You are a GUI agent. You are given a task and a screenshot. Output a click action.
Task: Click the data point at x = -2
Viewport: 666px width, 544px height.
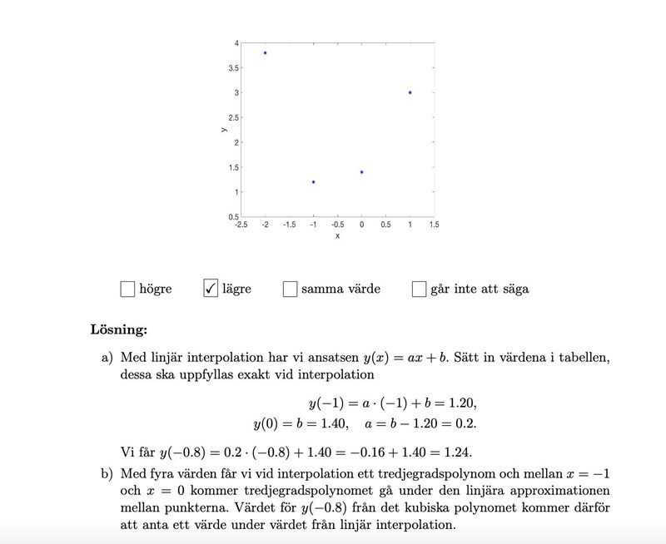(265, 52)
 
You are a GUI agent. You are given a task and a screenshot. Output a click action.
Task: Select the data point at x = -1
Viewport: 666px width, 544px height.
(313, 181)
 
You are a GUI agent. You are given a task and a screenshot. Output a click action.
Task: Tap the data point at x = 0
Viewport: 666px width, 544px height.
(361, 171)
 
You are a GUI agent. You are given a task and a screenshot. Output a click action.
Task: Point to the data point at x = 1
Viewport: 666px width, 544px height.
(410, 92)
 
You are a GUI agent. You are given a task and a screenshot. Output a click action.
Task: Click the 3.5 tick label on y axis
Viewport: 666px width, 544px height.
(234, 67)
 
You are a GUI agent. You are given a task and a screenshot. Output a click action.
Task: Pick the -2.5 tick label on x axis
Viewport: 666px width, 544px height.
(241, 225)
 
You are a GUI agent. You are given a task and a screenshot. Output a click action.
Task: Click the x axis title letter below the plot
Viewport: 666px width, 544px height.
(337, 236)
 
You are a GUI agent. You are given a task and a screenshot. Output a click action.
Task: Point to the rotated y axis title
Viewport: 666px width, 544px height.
(224, 130)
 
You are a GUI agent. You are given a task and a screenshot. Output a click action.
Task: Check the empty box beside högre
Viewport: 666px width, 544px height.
(127, 289)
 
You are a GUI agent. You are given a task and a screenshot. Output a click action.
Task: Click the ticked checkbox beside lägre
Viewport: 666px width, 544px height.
(211, 289)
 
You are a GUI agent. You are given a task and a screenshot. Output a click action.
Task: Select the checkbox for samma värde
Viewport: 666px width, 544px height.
(290, 289)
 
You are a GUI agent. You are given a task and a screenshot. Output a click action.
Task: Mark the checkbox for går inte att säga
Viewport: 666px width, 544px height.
(419, 289)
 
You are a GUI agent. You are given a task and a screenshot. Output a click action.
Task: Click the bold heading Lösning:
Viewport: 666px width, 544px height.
(118, 329)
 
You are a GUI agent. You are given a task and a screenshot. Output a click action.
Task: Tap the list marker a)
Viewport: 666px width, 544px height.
(107, 358)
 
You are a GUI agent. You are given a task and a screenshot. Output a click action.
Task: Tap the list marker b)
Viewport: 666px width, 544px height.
(107, 474)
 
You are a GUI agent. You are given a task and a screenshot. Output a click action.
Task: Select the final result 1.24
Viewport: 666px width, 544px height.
(458, 453)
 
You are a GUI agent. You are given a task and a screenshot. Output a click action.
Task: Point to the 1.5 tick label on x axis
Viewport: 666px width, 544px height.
(434, 225)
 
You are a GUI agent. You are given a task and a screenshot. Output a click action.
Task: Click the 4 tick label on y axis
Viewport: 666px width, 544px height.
(236, 42)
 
